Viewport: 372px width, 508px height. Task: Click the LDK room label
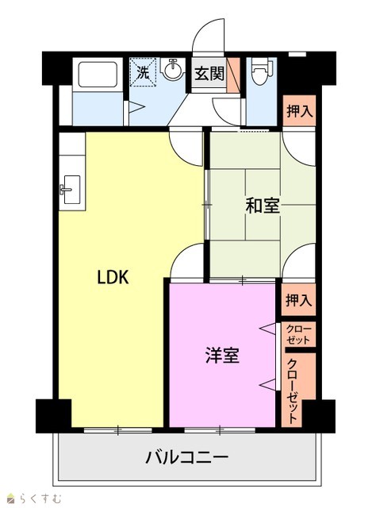pyautogui.click(x=113, y=277)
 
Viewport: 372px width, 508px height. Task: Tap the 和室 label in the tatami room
pyautogui.click(x=263, y=206)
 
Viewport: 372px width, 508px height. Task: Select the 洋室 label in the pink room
pyautogui.click(x=222, y=355)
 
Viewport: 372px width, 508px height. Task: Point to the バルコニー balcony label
pyautogui.click(x=187, y=457)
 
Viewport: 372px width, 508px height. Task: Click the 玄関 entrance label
pyautogui.click(x=209, y=74)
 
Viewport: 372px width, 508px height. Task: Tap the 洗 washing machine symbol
pyautogui.click(x=143, y=72)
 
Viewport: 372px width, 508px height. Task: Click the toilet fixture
pyautogui.click(x=262, y=71)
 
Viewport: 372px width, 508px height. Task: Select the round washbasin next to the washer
pyautogui.click(x=173, y=68)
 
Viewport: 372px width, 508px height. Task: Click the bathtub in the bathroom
pyautogui.click(x=98, y=75)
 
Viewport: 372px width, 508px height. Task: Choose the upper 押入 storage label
pyautogui.click(x=300, y=111)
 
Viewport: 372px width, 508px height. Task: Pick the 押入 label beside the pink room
pyautogui.click(x=298, y=300)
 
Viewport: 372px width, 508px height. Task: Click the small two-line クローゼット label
pyautogui.click(x=298, y=335)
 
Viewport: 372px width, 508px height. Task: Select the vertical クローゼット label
pyautogui.click(x=293, y=391)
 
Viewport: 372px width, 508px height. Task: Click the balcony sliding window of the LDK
pyautogui.click(x=118, y=430)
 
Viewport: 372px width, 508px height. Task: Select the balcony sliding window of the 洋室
pyautogui.click(x=220, y=430)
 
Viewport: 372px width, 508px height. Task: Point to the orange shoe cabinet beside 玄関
pyautogui.click(x=233, y=75)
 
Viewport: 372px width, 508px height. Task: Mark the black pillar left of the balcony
pyautogui.click(x=53, y=416)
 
